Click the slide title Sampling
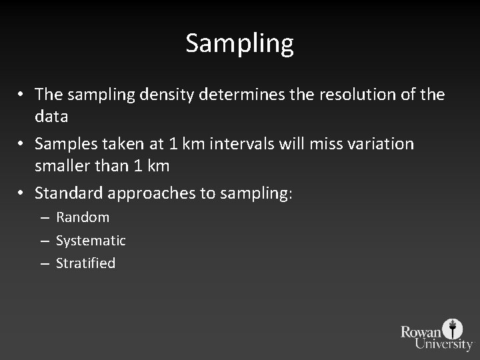pyautogui.click(x=239, y=44)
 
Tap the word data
pyautogui.click(x=51, y=117)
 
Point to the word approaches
pyautogui.click(x=153, y=193)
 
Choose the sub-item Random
pyautogui.click(x=83, y=217)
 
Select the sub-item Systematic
pyautogui.click(x=91, y=240)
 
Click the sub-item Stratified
pyautogui.click(x=85, y=263)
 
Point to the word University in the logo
pyautogui.click(x=443, y=344)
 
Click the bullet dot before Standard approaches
pyautogui.click(x=23, y=193)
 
